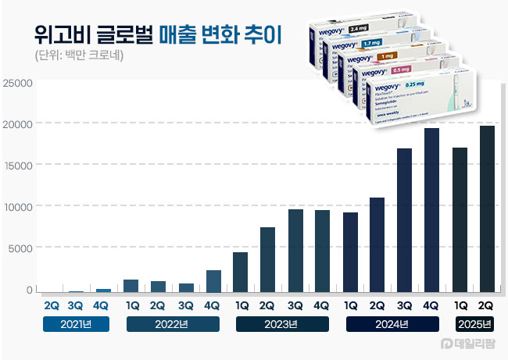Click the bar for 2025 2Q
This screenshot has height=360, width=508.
pyautogui.click(x=487, y=209)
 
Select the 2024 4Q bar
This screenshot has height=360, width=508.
pyautogui.click(x=431, y=210)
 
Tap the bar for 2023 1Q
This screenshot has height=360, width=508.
pyautogui.click(x=241, y=272)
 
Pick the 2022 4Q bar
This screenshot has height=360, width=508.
pyautogui.click(x=213, y=281)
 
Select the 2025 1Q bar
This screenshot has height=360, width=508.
pyautogui.click(x=460, y=219)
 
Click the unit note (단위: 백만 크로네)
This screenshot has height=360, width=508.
pyautogui.click(x=80, y=56)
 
